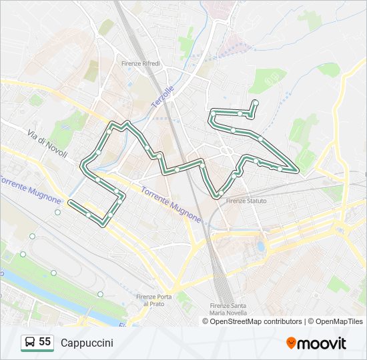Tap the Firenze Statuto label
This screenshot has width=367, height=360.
(x=246, y=201)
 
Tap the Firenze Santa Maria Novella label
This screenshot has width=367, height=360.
(x=228, y=310)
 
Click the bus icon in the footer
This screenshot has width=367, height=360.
(x=29, y=343)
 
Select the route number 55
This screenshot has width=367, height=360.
(x=45, y=342)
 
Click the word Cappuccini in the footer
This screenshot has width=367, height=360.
(x=87, y=343)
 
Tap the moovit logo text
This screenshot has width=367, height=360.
(x=322, y=343)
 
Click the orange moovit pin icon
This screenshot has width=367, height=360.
(x=291, y=343)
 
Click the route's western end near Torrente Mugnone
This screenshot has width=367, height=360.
(x=71, y=201)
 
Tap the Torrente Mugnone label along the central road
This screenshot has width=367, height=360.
(x=170, y=203)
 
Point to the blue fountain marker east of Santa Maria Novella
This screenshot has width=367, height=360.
(x=260, y=247)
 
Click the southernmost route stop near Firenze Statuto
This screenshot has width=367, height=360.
(x=220, y=195)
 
